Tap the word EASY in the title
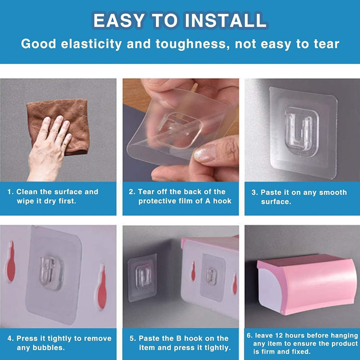[x=119, y=20]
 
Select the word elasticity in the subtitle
[x=91, y=44]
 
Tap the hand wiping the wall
[x=49, y=149]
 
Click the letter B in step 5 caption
[x=179, y=338]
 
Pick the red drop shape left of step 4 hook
[x=11, y=261]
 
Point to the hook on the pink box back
[x=211, y=276]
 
